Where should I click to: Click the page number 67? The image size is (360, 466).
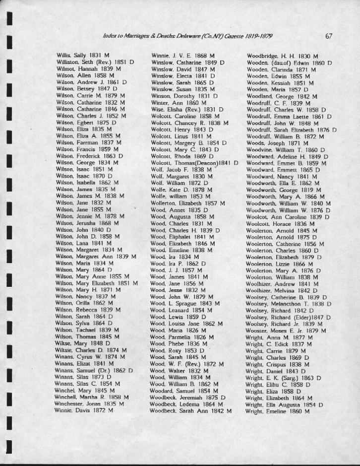click(x=329, y=36)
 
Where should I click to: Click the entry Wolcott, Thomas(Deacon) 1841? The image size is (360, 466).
click(x=194, y=162)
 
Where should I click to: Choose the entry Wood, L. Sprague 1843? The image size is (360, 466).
click(x=185, y=303)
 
